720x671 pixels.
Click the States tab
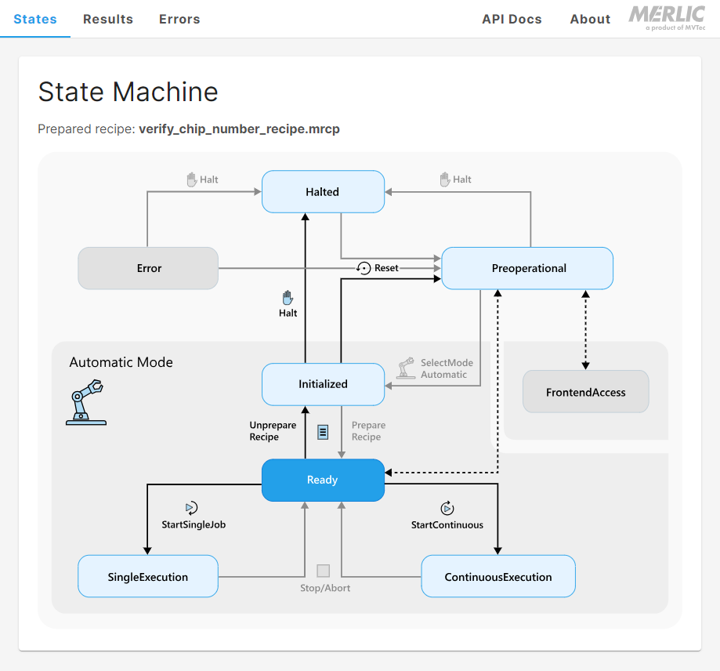click(x=35, y=19)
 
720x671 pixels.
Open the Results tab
click(x=108, y=19)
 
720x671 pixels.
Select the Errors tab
click(x=179, y=19)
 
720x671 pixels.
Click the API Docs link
click(x=512, y=19)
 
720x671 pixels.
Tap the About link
click(x=590, y=19)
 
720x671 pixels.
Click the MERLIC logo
click(x=667, y=17)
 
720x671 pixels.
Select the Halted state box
click(x=323, y=191)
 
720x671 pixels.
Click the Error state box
click(x=148, y=268)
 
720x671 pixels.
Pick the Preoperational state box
click(x=528, y=268)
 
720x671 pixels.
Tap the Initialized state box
click(x=323, y=384)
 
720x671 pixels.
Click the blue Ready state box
click(x=323, y=480)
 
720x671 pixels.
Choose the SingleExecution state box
click(x=148, y=577)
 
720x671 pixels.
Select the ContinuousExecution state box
click(x=498, y=577)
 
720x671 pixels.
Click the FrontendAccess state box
click(x=586, y=392)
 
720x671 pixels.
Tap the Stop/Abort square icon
click(x=324, y=571)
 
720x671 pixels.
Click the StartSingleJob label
click(x=194, y=524)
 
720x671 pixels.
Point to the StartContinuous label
click(x=447, y=524)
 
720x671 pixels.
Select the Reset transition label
click(x=386, y=268)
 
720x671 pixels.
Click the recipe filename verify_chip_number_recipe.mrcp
click(x=239, y=129)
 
